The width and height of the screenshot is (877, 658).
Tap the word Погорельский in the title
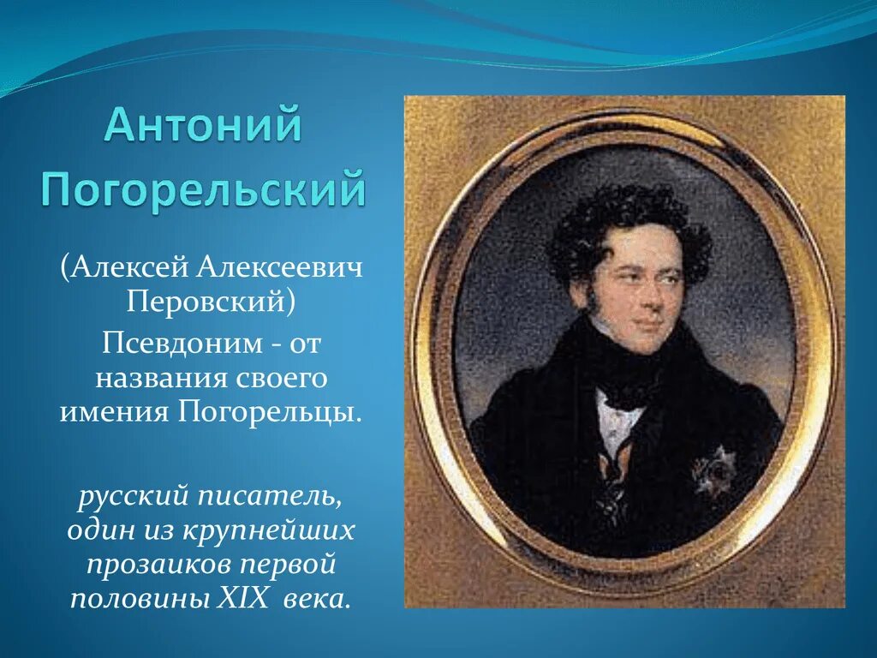204,188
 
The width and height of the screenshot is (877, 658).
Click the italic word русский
128,495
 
